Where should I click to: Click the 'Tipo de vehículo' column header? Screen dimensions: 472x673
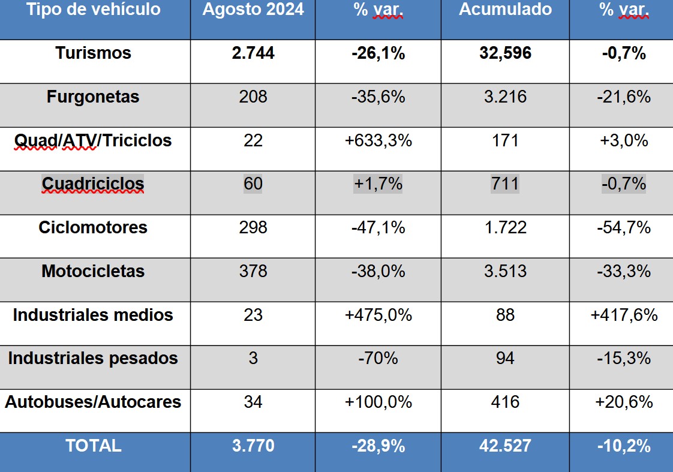point(94,10)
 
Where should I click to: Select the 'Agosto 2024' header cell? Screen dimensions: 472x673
point(253,10)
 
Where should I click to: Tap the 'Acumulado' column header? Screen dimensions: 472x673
point(505,10)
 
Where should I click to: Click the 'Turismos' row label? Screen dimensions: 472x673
point(93,53)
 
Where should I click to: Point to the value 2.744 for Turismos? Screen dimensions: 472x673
point(253,53)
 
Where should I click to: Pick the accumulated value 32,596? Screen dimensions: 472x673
point(505,53)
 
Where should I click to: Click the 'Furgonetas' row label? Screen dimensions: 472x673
point(93,97)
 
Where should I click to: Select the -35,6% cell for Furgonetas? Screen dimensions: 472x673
point(378,97)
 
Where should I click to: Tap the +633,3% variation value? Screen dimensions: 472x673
point(378,141)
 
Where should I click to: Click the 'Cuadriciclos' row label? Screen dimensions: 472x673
point(93,184)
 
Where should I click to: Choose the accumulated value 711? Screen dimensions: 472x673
point(505,184)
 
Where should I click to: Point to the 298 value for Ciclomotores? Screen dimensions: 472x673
point(253,228)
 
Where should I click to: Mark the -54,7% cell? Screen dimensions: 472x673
point(624,228)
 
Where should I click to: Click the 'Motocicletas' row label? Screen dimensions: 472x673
point(93,272)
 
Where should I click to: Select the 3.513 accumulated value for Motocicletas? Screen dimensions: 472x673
point(505,272)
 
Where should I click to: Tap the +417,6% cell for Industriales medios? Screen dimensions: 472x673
point(624,315)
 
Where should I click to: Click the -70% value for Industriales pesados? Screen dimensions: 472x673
point(378,359)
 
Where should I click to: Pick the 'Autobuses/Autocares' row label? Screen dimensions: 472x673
point(93,402)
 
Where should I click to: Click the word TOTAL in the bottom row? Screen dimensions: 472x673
point(93,446)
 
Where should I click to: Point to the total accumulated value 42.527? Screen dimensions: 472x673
point(505,446)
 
